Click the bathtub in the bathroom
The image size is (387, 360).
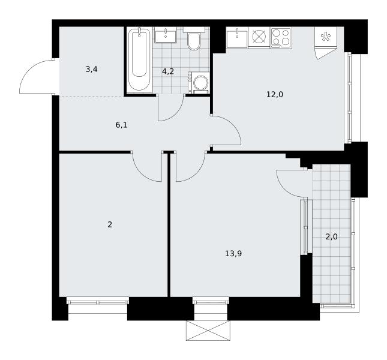pos(139,59)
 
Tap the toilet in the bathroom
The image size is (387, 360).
pos(194,39)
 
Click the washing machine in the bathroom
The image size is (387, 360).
pos(199,83)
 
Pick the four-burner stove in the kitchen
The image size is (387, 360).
pos(281,37)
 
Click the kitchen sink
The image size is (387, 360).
pos(237,38)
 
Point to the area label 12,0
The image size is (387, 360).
pos(275,95)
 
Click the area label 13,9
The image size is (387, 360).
pos(233,253)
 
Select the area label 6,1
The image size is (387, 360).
pos(121,125)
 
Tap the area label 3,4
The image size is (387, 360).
pos(91,70)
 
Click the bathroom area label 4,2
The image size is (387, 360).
pos(168,71)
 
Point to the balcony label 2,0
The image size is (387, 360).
pos(331,237)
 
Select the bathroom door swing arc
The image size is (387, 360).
pos(176,114)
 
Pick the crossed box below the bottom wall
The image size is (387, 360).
pos(208,331)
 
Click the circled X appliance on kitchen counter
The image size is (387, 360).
pos(259,37)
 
